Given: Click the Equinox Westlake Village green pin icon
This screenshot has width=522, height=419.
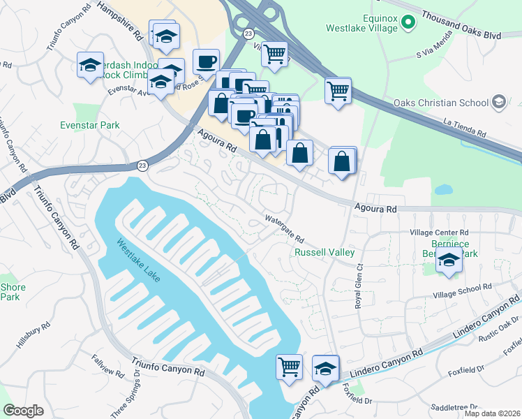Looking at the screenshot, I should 409,22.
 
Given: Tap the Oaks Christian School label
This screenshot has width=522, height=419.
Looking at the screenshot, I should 441,103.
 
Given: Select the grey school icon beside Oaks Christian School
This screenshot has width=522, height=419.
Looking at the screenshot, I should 498,103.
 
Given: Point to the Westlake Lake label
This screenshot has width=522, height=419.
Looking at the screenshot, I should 139,261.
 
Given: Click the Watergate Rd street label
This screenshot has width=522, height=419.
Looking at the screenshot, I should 284,228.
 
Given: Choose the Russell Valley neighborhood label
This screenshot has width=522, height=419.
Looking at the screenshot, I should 325,252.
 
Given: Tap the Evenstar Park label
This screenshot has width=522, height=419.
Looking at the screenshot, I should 89,126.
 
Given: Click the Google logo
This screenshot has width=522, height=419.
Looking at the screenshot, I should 23,411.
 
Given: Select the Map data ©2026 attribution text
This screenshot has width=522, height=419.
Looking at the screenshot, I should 492,413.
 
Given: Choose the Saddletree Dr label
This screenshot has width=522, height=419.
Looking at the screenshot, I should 454,406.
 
